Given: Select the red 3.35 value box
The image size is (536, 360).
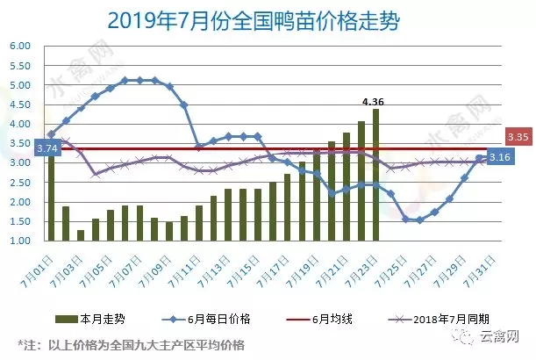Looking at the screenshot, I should pyautogui.click(x=518, y=138).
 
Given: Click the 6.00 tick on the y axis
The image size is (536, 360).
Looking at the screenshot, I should pyautogui.click(x=21, y=47).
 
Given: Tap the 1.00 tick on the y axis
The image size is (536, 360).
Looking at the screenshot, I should pyautogui.click(x=21, y=241).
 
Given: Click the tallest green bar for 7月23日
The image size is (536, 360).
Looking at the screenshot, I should pyautogui.click(x=375, y=176).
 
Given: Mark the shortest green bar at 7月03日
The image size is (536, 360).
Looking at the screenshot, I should pyautogui.click(x=81, y=235).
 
